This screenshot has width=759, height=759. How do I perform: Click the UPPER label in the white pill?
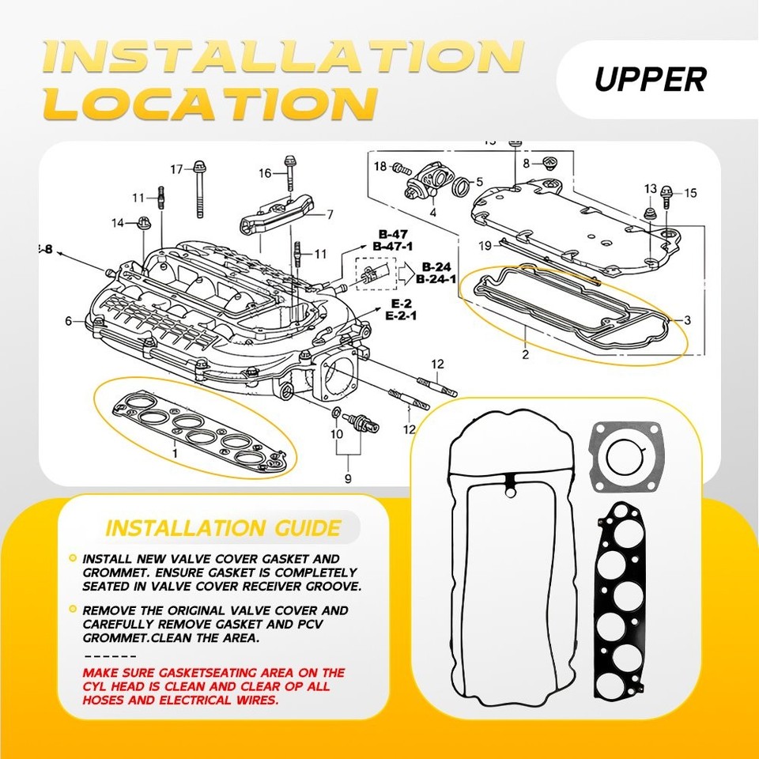tap(650, 79)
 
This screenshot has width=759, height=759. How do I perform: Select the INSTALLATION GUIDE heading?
tap(223, 527)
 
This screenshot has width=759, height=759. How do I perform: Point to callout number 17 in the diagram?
tap(176, 169)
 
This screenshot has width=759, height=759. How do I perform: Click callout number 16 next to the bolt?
tap(265, 173)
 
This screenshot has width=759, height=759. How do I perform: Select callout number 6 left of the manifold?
tap(69, 321)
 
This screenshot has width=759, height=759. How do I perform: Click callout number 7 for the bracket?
tap(330, 214)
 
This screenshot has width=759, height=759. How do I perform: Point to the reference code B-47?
tap(392, 235)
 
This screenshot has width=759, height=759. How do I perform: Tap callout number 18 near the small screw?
tap(380, 166)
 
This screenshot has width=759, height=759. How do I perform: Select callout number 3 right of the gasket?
tap(688, 320)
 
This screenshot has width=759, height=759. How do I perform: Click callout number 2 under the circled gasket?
tap(525, 354)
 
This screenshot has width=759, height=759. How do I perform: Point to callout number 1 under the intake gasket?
tap(176, 451)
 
